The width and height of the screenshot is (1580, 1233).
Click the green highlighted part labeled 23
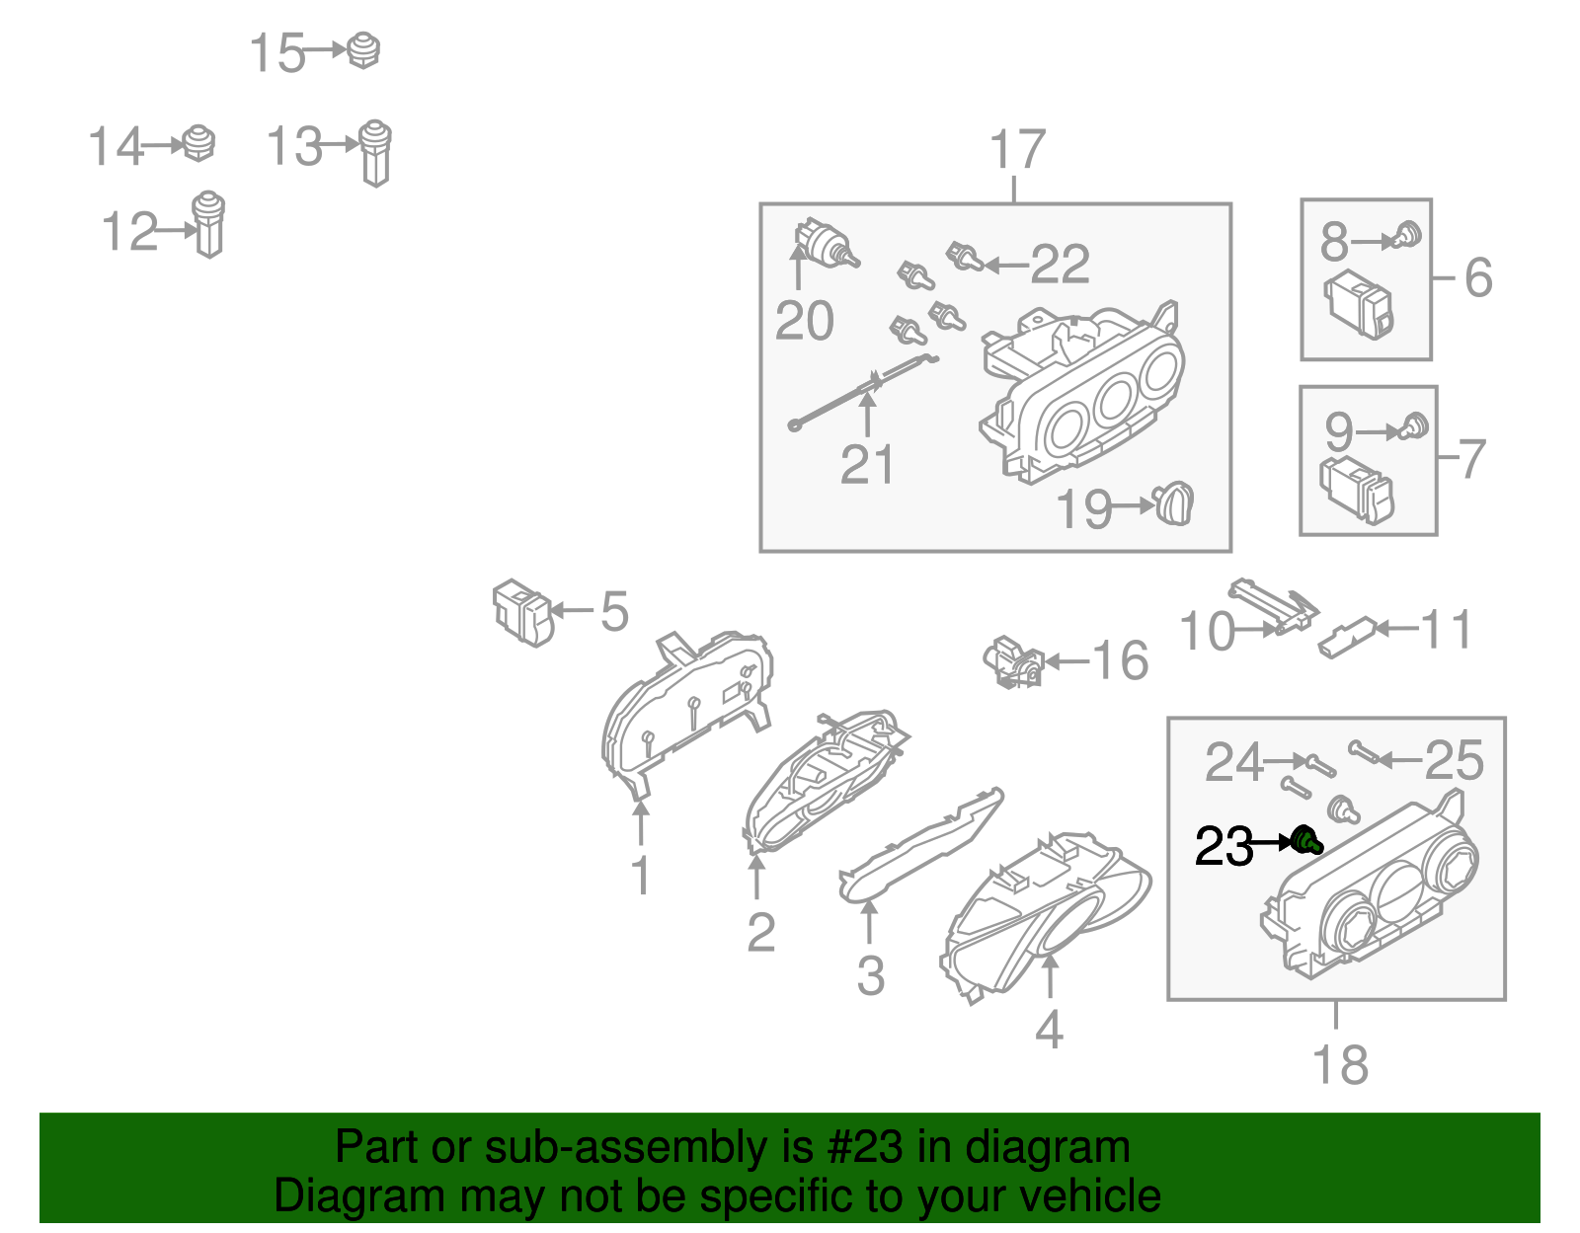pyautogui.click(x=1306, y=841)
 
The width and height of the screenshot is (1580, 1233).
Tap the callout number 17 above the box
pyautogui.click(x=1017, y=150)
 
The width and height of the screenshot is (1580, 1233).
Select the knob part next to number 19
pyautogui.click(x=1173, y=503)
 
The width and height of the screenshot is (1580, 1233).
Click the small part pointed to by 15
pyautogui.click(x=362, y=50)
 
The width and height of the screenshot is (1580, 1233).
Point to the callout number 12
pyautogui.click(x=129, y=231)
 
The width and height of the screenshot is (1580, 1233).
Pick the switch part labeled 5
pyautogui.click(x=522, y=612)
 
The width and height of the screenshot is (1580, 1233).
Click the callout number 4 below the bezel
pyautogui.click(x=1049, y=1028)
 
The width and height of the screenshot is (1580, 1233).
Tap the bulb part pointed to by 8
pyautogui.click(x=1407, y=236)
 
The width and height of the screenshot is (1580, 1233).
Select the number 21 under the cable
pyautogui.click(x=866, y=464)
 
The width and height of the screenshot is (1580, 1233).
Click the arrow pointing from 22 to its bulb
pyautogui.click(x=1006, y=265)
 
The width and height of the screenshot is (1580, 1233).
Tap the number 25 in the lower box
pyautogui.click(x=1454, y=760)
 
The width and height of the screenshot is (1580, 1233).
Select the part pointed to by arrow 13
pyautogui.click(x=376, y=153)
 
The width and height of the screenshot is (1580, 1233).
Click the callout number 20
pyautogui.click(x=804, y=321)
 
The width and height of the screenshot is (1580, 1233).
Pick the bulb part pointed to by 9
pyautogui.click(x=1413, y=426)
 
